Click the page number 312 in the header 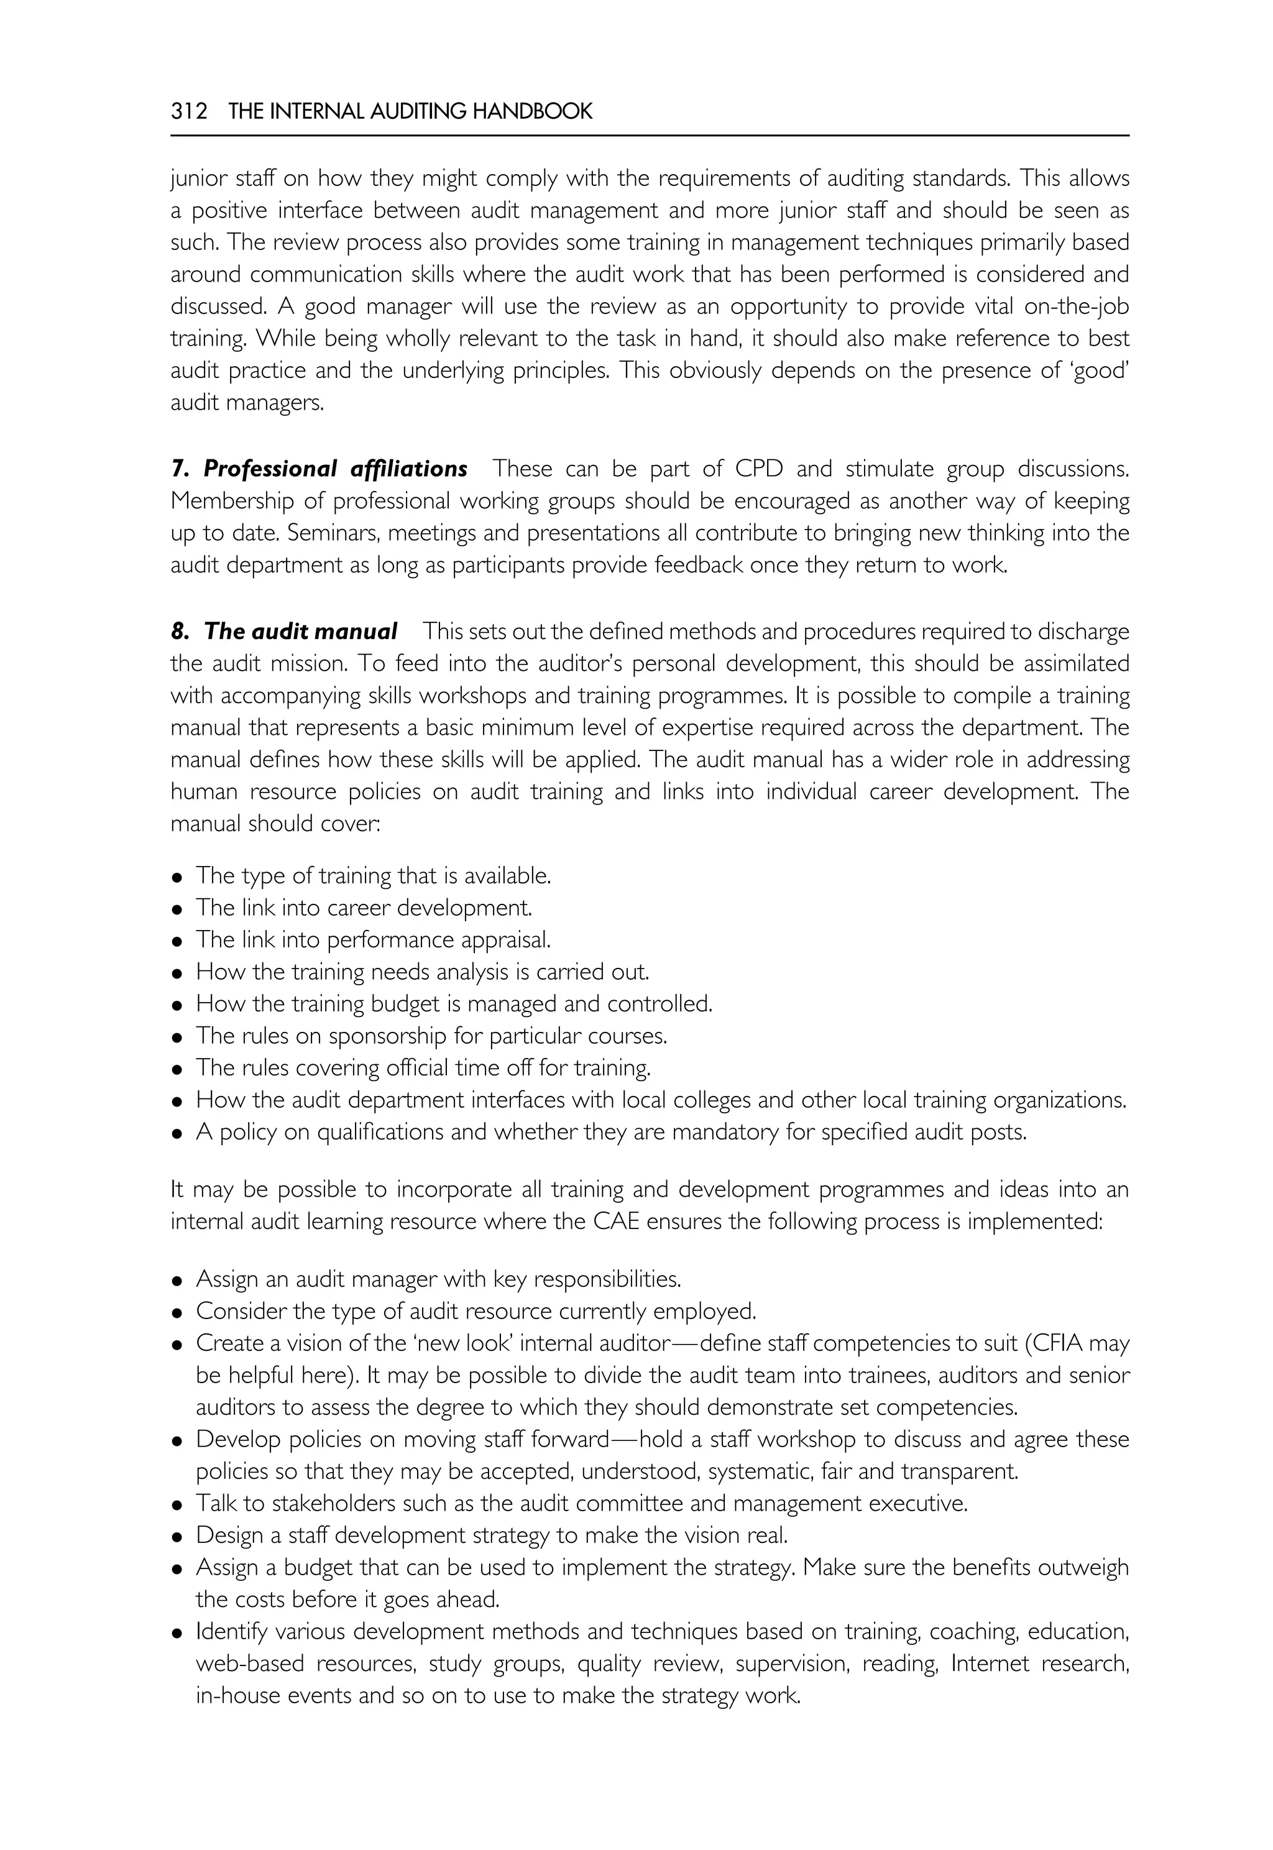[188, 112]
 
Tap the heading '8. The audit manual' [284, 632]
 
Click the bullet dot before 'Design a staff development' [178, 1537]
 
